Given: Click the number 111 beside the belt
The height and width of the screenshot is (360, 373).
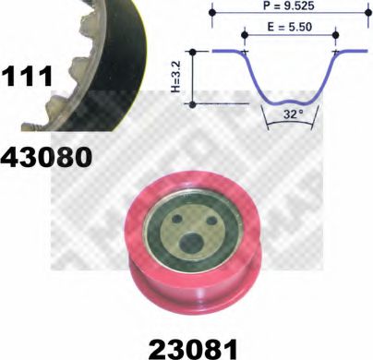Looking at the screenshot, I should pyautogui.click(x=27, y=77).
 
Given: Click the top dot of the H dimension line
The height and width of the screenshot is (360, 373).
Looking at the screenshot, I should pyautogui.click(x=192, y=53).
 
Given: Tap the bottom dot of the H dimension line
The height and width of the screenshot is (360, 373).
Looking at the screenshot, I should pyautogui.click(x=192, y=103).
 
